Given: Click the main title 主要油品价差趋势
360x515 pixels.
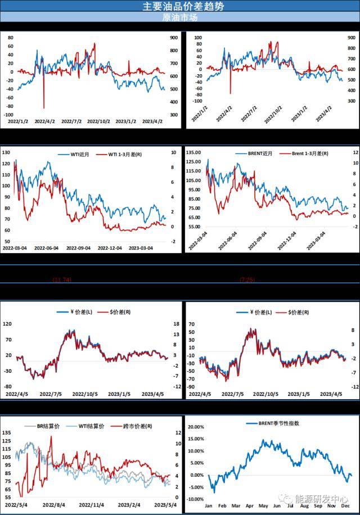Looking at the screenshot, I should coord(179,6).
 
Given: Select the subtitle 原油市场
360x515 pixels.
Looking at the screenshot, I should coord(179,17).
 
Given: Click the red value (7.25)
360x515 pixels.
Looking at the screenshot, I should coord(248,279).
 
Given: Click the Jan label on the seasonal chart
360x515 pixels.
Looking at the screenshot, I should coord(209,505).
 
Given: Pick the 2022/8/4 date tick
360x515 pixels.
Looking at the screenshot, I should coord(52,505).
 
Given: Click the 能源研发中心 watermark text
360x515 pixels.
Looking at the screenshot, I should coord(327,499).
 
